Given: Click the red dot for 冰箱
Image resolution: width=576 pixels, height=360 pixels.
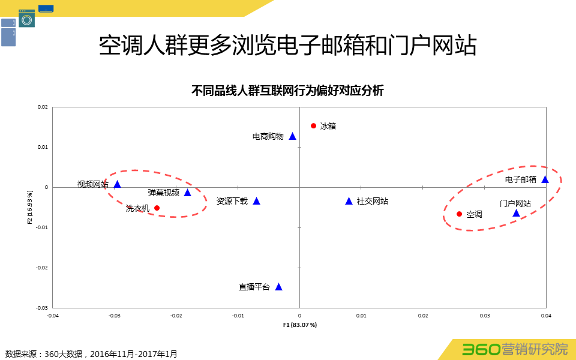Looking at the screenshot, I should tap(313, 125).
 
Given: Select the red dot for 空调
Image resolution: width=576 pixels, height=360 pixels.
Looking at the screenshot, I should tap(459, 214).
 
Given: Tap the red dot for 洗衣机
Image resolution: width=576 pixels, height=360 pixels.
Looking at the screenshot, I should tap(157, 208).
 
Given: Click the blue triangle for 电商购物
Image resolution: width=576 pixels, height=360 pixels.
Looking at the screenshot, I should tap(293, 136).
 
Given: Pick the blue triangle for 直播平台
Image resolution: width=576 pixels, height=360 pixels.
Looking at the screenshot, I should tap(278, 287).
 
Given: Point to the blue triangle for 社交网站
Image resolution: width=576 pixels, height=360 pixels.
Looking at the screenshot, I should tap(349, 201).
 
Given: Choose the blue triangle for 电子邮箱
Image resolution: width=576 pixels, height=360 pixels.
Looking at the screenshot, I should tap(545, 179).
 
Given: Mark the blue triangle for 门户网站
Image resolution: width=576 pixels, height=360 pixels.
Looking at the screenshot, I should tap(516, 213).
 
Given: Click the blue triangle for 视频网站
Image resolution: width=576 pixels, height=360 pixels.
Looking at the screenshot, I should tap(118, 184).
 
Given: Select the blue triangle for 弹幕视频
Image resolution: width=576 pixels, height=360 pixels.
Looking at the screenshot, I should tap(187, 193).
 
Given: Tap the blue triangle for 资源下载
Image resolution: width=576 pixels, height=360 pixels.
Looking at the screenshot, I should tap(256, 201).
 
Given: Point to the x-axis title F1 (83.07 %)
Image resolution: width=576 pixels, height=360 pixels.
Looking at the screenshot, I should tap(299, 325).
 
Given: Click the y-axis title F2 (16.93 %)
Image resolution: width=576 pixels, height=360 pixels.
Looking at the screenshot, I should tap(29, 207).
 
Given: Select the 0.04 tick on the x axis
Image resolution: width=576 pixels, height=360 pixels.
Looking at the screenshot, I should tap(546, 315).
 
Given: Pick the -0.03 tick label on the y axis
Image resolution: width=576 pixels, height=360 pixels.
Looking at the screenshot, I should tap(43, 307).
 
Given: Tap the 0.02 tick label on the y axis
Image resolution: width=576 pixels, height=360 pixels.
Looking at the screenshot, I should tap(43, 107).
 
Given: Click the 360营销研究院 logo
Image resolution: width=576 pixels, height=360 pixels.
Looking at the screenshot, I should tap(514, 349).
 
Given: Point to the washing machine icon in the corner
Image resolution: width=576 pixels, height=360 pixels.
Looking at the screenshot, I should tap(26, 19).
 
